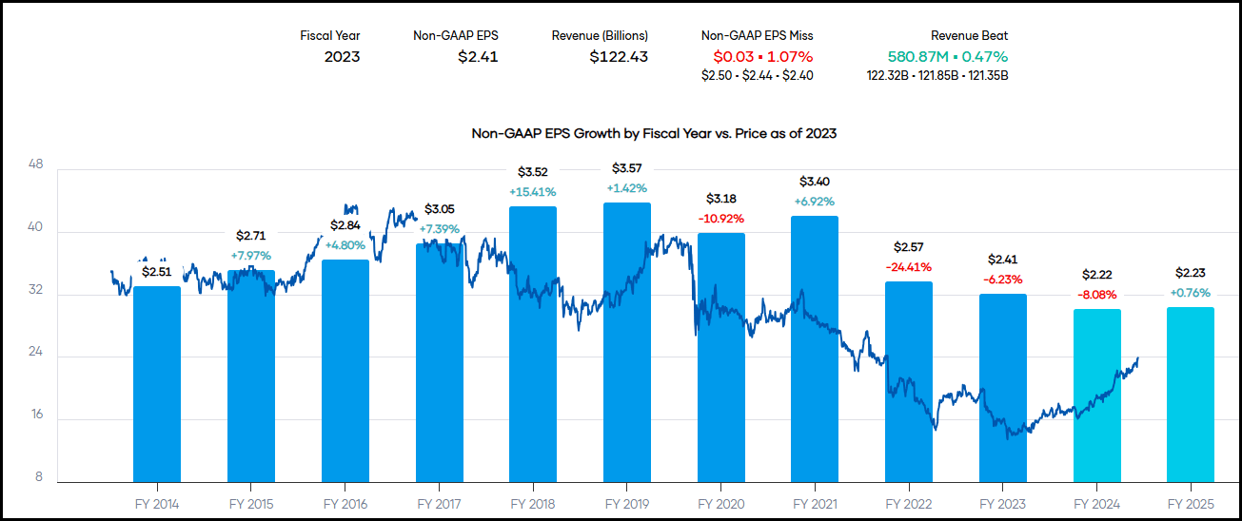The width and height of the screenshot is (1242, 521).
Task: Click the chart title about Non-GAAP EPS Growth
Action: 654,133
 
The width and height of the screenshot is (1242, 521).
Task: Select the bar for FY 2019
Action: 626,342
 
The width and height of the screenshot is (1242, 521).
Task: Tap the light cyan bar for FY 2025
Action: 1190,394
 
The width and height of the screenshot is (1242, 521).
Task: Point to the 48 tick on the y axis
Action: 36,164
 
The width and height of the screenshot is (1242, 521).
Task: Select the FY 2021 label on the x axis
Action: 815,504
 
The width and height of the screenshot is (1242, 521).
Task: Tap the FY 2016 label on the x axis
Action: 345,504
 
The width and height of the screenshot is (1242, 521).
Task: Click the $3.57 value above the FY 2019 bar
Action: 626,168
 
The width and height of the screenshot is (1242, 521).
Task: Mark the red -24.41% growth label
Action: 908,267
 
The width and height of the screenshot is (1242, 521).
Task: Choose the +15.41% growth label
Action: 533,192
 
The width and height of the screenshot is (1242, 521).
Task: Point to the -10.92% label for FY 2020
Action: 720,219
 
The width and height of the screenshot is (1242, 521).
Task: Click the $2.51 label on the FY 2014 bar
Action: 157,272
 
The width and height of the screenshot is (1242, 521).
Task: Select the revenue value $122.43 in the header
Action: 619,56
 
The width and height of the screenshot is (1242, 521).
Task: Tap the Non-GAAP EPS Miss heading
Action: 757,36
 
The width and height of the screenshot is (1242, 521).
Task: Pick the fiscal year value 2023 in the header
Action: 342,56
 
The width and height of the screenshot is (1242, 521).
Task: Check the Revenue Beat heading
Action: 969,36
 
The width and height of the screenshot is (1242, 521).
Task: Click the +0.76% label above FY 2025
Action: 1190,293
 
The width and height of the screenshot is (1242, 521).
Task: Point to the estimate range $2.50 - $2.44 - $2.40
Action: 757,75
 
